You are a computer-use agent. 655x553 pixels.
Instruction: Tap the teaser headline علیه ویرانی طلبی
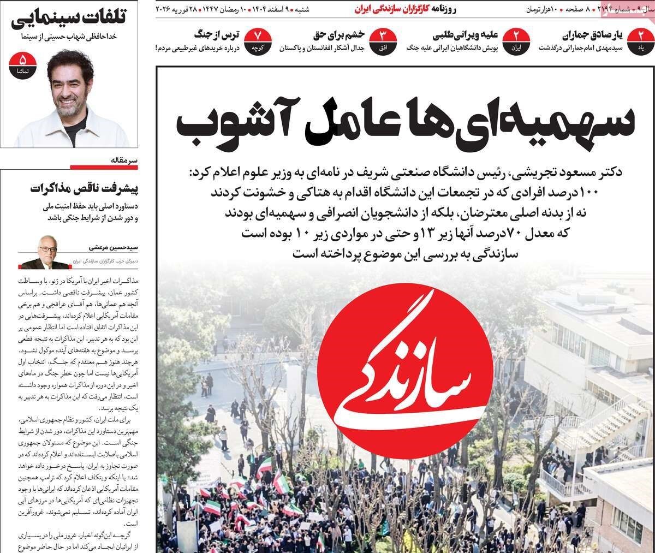(466, 35)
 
